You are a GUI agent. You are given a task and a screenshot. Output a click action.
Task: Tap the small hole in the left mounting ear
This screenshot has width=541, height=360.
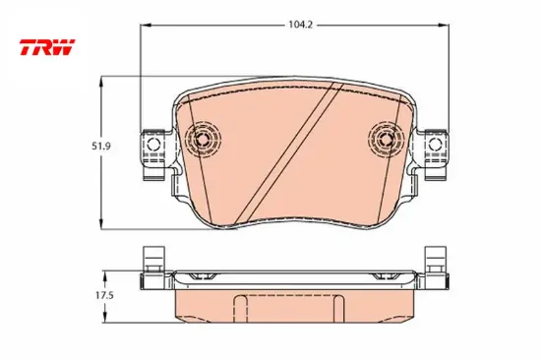(152, 149)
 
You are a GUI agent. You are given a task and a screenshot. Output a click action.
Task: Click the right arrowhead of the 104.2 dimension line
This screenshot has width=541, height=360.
(446, 27)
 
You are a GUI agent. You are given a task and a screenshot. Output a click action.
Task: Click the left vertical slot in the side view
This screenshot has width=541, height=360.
(239, 305)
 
